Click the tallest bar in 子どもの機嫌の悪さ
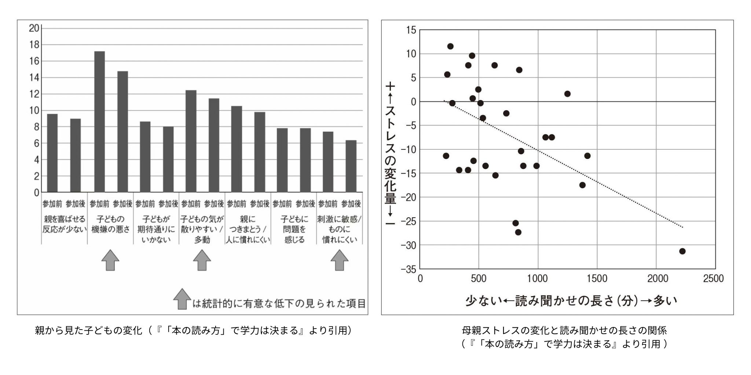[x=99, y=122]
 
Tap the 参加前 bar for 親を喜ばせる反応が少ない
[x=52, y=153]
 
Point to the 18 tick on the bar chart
[x=34, y=45]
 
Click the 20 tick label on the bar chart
[x=34, y=28]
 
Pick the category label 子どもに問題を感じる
[x=294, y=229]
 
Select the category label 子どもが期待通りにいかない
[x=156, y=229]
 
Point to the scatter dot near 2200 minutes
[x=682, y=251]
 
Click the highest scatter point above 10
[x=450, y=46]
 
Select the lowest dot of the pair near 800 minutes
[x=518, y=232]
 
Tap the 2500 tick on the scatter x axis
[x=713, y=279]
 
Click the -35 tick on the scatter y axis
[x=408, y=270]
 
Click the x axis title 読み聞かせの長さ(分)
[x=571, y=301]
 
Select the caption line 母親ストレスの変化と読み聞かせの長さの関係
[x=564, y=330]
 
